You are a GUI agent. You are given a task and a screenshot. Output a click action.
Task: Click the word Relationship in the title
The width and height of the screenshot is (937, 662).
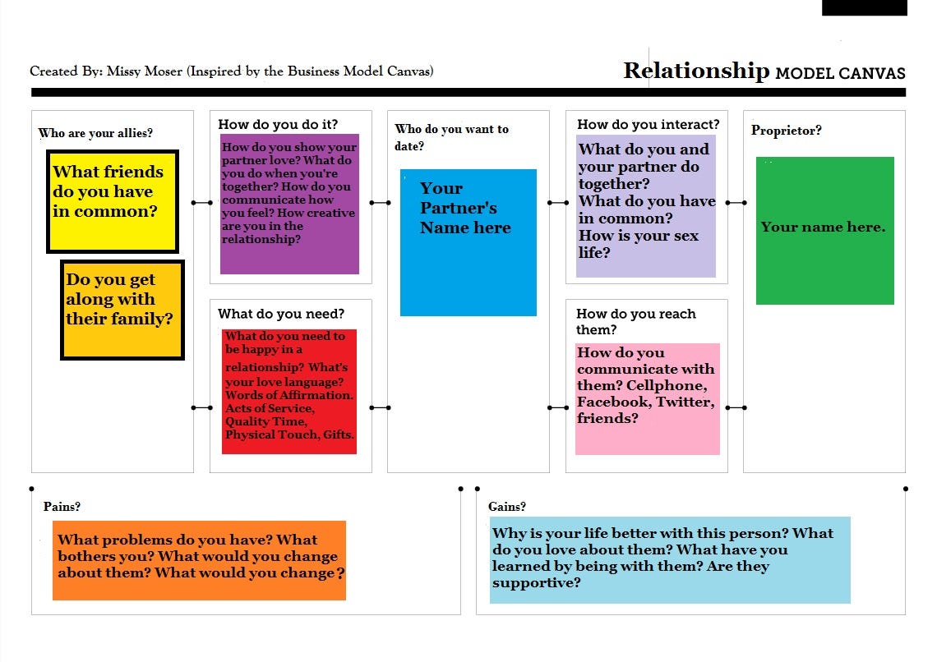[x=696, y=71]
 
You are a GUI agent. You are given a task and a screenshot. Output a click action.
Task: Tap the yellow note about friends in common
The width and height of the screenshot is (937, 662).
[x=113, y=201]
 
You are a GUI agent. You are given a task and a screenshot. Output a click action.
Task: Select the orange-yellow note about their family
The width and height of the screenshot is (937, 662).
[x=122, y=310]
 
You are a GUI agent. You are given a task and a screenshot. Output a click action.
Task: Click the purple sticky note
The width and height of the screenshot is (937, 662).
[x=289, y=204]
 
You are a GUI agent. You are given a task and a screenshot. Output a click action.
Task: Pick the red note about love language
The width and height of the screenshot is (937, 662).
[x=289, y=391]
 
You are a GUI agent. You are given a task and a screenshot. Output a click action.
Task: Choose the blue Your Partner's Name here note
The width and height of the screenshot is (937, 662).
[x=468, y=242]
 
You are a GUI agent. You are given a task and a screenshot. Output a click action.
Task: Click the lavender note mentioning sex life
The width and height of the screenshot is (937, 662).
[x=646, y=205]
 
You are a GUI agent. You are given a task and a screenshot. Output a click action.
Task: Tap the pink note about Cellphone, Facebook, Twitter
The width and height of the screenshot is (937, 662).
[x=647, y=398]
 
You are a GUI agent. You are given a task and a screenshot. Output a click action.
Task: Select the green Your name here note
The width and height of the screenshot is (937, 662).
[x=824, y=230]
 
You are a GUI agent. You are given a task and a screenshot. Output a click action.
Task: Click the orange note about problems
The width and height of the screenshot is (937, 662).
[x=199, y=560]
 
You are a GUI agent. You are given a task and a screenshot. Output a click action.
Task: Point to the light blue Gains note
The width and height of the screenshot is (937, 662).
[x=669, y=560]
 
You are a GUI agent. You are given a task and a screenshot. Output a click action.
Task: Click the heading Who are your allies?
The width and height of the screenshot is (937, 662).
[x=95, y=133]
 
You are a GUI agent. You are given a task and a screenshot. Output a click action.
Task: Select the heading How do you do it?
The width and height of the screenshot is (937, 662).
[x=278, y=124]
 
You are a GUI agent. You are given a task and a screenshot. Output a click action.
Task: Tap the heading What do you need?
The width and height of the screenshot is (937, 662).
[x=281, y=314]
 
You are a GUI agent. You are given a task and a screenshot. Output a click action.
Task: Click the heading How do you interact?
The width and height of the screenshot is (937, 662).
[x=648, y=124]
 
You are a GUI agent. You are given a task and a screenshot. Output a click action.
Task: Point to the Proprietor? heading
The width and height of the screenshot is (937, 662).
[x=786, y=130]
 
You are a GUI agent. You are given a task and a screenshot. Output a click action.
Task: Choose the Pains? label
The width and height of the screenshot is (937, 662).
[x=62, y=507]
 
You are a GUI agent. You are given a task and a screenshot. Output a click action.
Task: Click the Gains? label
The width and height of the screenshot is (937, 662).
[x=506, y=507]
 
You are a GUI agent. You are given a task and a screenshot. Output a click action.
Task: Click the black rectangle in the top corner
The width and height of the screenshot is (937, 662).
[x=864, y=7]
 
